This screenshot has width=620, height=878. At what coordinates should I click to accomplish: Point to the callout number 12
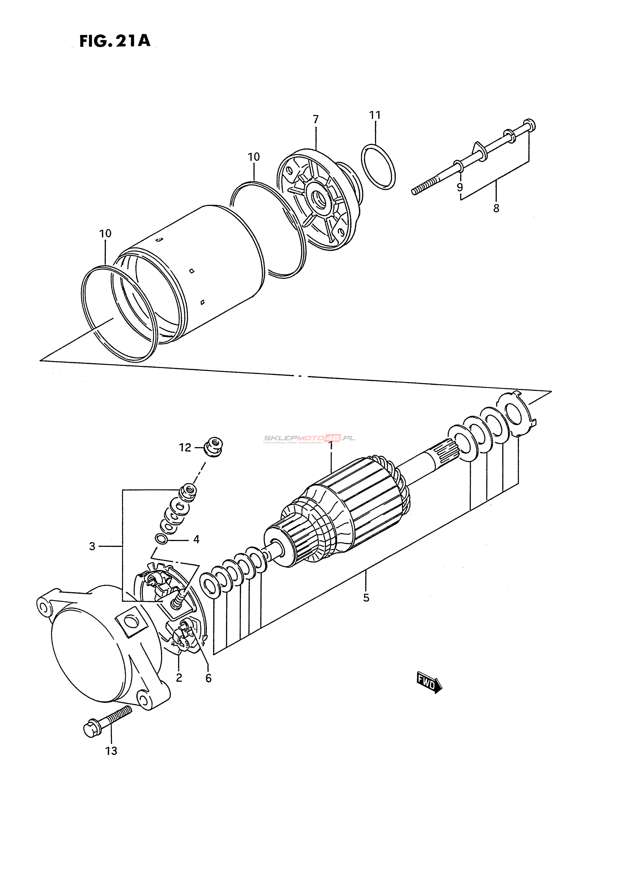pos(185,448)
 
